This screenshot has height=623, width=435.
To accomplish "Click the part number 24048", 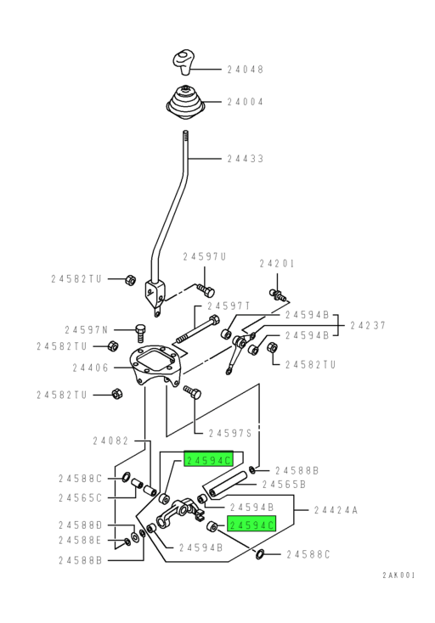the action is tap(245, 70).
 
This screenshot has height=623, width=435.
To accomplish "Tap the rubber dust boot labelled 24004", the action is tap(185, 102).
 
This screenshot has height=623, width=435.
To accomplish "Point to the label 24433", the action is tap(245, 159).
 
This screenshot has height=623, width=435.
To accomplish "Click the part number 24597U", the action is tap(205, 256).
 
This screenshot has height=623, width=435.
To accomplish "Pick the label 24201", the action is tap(277, 263).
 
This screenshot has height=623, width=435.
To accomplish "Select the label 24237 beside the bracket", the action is tap(368, 325).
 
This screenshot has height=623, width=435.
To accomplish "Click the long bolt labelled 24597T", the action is tap(197, 330).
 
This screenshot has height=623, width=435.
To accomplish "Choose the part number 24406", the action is tap(90, 368).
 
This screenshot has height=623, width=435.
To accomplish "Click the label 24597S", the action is tap(230, 433).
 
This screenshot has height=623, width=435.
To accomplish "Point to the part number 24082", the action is tap(110, 441).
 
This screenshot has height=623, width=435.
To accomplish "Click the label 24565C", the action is tap(81, 498).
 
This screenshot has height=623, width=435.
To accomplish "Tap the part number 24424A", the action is tap(336, 510).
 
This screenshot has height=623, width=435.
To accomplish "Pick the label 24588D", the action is tap(81, 525).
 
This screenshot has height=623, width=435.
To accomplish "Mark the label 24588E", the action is tap(81, 541).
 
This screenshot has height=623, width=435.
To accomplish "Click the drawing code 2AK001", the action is tap(398, 575).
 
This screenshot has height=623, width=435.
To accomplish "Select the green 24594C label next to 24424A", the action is tap(251, 525).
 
